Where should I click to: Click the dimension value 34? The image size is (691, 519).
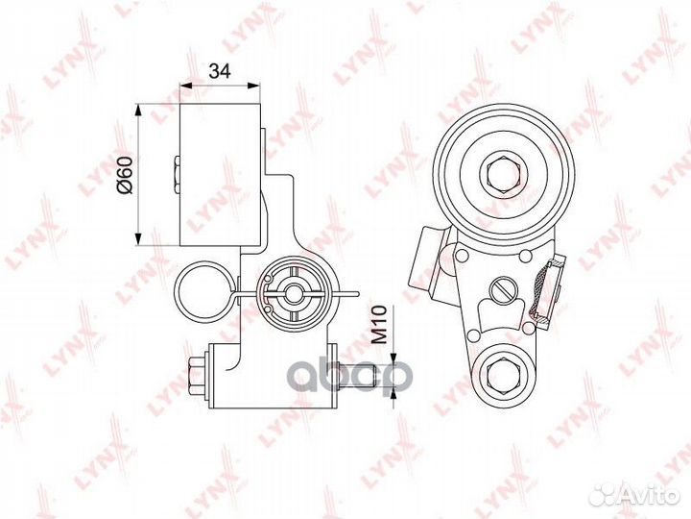[219, 70]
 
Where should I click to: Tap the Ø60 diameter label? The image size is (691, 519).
[124, 174]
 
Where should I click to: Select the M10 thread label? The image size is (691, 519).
[378, 325]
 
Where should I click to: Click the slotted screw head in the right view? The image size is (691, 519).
[502, 291]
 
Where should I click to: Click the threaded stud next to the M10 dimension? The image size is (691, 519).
[356, 376]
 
